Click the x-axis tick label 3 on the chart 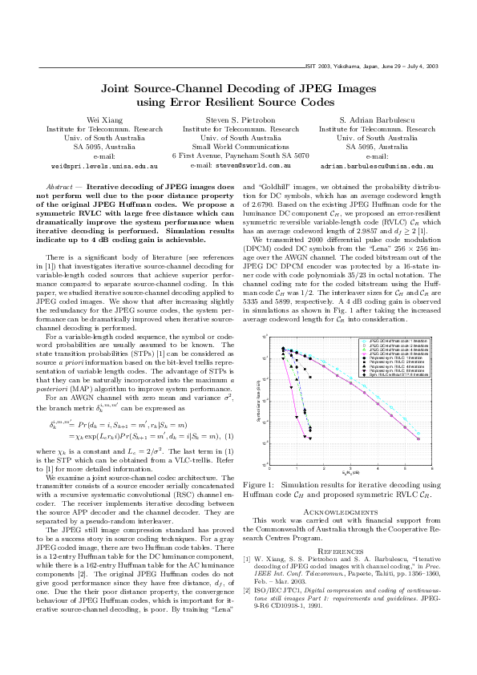click(x=350, y=468)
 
